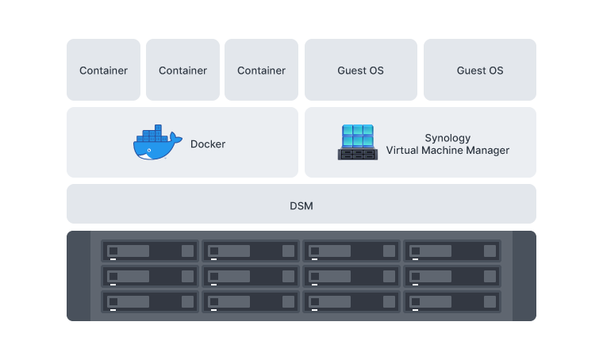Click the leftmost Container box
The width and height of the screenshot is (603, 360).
coord(103,71)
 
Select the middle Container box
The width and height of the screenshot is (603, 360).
coord(182,71)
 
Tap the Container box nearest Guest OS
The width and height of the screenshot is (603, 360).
coord(261,71)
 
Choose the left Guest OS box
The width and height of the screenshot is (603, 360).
coord(360,71)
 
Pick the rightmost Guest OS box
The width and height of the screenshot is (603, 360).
coord(479,71)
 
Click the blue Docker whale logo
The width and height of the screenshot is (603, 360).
coord(153,144)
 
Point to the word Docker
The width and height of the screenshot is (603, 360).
coord(208,144)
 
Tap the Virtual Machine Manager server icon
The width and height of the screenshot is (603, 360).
coord(358,143)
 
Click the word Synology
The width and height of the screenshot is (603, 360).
coord(447,138)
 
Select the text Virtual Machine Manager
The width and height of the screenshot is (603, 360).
coord(447,151)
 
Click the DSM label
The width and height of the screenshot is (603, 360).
coord(301,206)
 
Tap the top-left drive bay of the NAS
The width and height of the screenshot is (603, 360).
coord(149,251)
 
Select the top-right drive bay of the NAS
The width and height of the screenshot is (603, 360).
coord(452,251)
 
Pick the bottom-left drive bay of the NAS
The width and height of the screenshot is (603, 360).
coord(149,302)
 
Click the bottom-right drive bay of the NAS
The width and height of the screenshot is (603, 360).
coord(452,302)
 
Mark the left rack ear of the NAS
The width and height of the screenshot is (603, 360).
coord(78,276)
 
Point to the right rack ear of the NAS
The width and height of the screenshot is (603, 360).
coord(524,276)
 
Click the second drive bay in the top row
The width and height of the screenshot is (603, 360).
coord(251,251)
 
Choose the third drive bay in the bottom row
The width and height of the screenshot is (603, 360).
coord(351,302)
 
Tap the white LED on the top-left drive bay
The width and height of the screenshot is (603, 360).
coord(113,259)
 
